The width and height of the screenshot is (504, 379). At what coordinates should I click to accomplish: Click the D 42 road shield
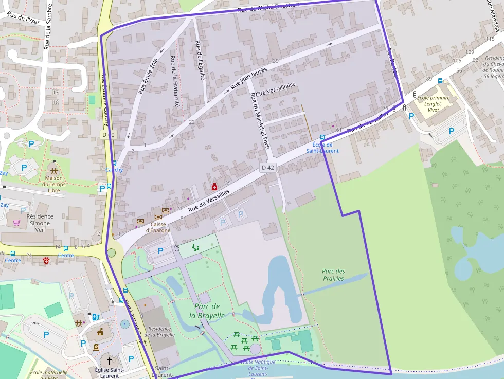(268, 167)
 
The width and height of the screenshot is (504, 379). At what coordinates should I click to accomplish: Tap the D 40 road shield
(108, 134)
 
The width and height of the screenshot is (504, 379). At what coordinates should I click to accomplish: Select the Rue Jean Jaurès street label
(249, 79)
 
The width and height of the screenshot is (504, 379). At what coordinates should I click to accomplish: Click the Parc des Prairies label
(333, 275)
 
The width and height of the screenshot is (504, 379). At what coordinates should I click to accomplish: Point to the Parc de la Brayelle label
(207, 311)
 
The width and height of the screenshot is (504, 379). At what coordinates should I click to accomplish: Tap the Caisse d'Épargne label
(158, 227)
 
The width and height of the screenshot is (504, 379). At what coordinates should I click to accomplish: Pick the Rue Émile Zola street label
(149, 78)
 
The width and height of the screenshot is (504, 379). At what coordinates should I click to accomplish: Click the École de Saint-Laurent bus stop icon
(322, 137)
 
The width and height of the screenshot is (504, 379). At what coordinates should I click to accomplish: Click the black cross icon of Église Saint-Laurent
(109, 362)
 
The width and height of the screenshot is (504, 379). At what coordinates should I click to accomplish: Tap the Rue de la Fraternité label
(175, 81)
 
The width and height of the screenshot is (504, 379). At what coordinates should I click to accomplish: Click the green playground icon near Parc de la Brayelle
(195, 247)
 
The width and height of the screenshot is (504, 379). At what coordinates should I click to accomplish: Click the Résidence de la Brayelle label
(159, 331)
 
